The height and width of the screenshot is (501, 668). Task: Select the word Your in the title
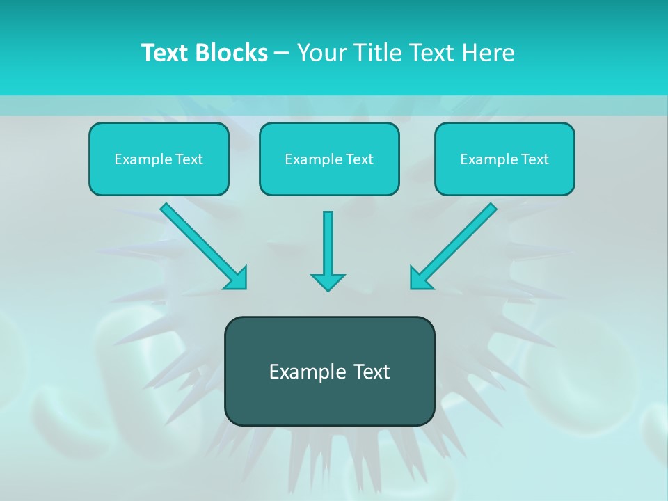(323, 53)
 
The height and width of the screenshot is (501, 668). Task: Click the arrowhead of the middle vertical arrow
(328, 281)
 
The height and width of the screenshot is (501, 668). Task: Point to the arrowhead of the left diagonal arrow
(237, 278)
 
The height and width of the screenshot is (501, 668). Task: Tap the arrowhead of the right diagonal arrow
(420, 278)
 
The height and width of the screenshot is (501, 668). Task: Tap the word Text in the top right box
(534, 159)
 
